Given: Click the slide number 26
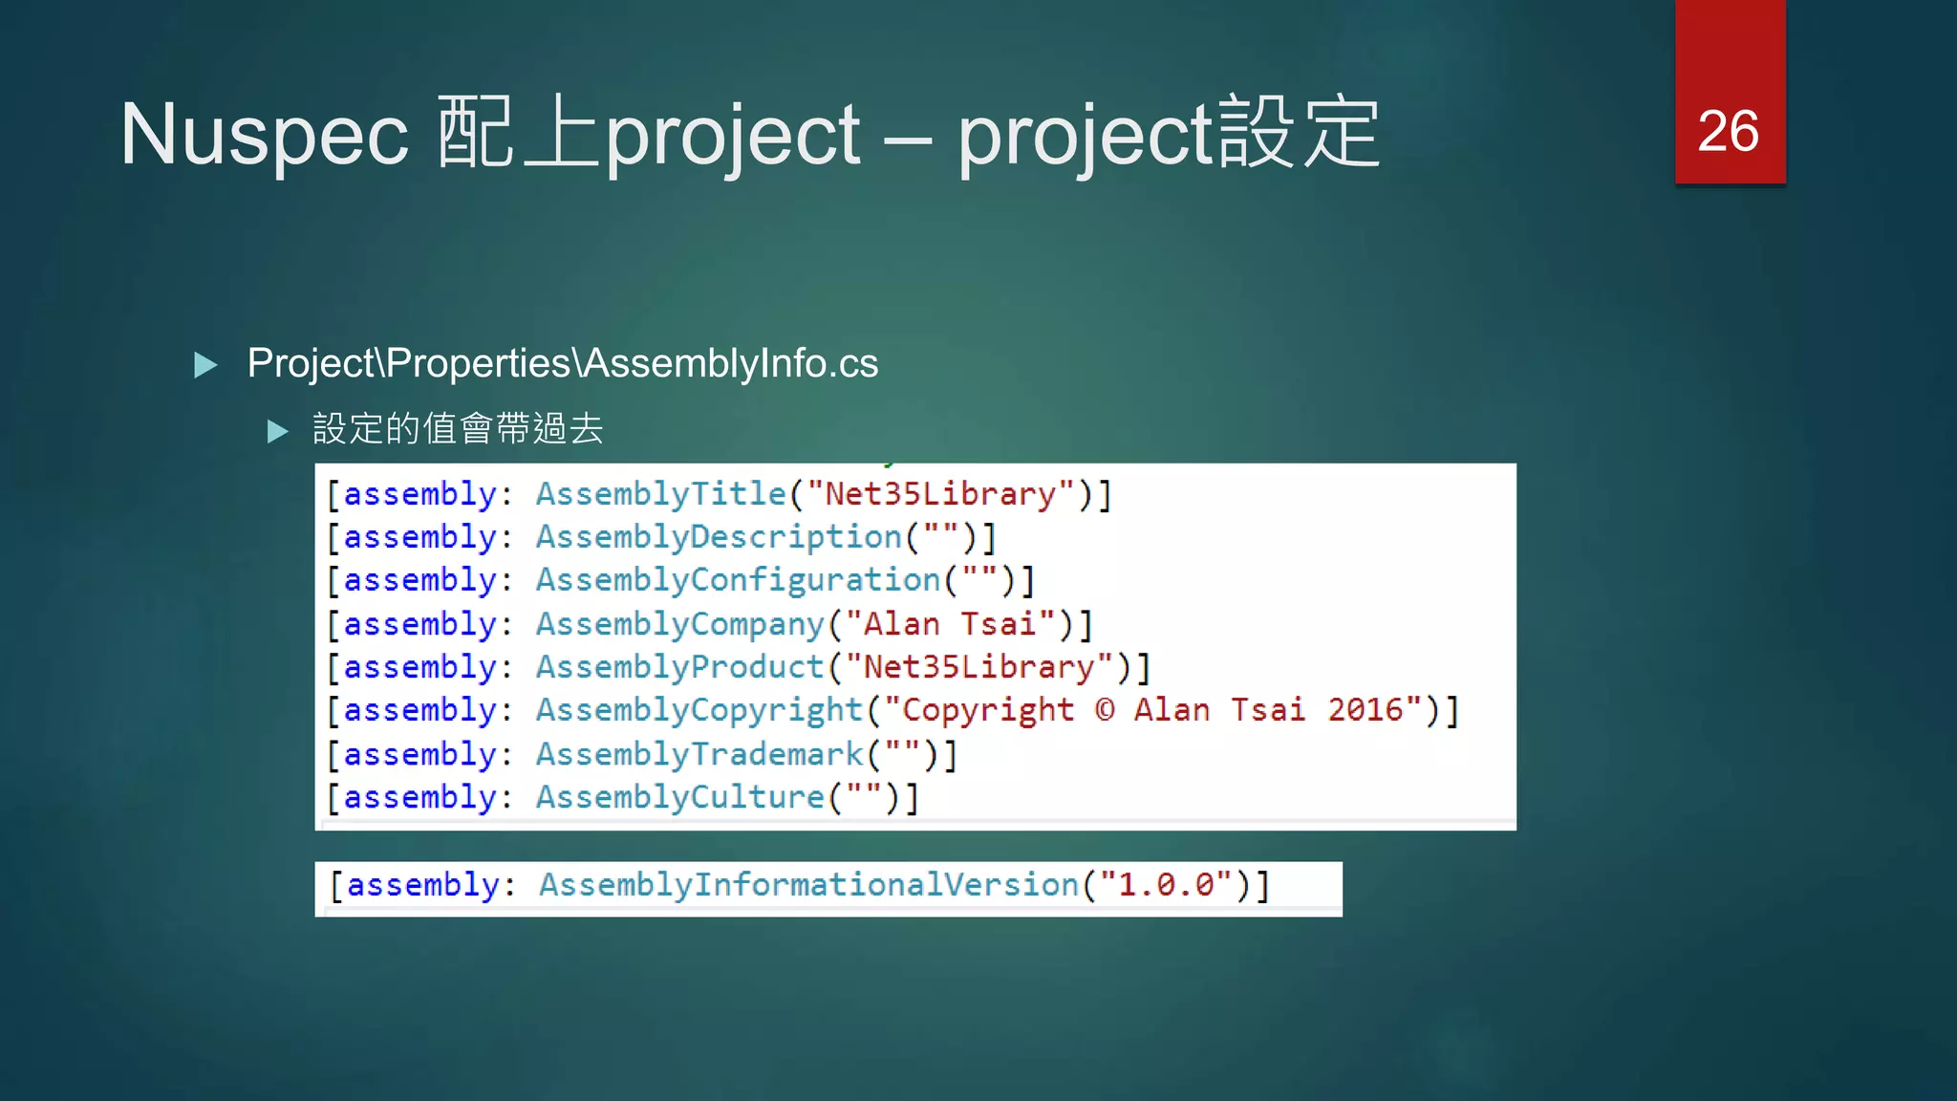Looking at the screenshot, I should tap(1728, 131).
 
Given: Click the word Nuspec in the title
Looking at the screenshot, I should tap(265, 135).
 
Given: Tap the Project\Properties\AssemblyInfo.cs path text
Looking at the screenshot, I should tap(562, 363).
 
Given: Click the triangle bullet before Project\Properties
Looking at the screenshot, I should tap(205, 365).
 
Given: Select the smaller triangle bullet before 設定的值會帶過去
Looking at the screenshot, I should tap(277, 431).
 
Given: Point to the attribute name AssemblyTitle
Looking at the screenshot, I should tap(660, 494).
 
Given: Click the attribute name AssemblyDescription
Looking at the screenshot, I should tap(719, 537).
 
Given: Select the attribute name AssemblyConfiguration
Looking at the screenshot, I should tap(738, 580).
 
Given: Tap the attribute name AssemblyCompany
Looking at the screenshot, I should tap(679, 624).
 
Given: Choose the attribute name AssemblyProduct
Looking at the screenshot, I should tap(679, 667).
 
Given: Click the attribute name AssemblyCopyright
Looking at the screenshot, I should tap(699, 710).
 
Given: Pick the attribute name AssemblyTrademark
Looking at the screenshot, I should tap(699, 754).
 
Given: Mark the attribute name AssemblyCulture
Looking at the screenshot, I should tap(679, 797).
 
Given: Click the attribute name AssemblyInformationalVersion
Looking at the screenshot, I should tap(808, 885).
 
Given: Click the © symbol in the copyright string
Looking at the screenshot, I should tap(1105, 710).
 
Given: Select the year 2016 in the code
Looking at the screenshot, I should tap(1365, 710).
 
